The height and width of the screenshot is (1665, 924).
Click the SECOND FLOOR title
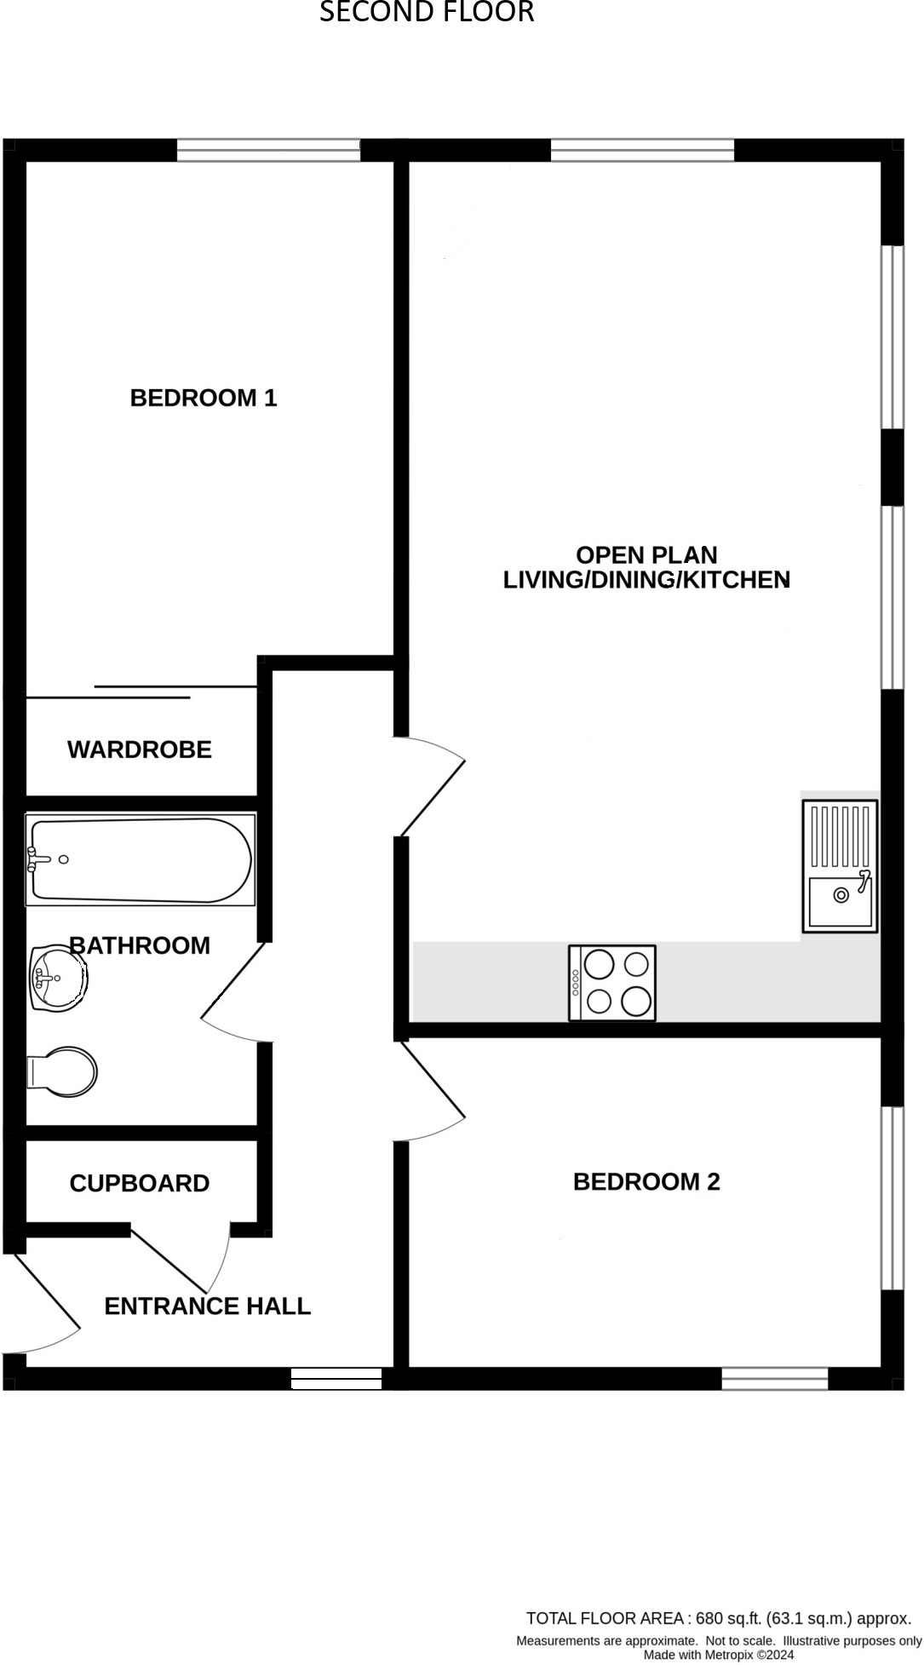[426, 12]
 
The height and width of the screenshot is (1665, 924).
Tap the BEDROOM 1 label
[204, 398]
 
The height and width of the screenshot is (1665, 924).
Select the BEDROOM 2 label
[646, 1181]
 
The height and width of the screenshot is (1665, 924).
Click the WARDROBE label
[140, 749]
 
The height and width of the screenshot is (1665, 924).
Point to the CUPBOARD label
[140, 1183]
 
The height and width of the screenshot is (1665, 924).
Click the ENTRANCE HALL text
[207, 1306]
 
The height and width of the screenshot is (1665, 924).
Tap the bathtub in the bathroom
[141, 860]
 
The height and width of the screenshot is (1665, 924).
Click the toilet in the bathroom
[63, 1071]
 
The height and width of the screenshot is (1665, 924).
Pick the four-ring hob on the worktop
[612, 982]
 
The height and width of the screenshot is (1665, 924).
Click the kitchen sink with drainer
[840, 865]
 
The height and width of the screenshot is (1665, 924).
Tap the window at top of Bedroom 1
[268, 150]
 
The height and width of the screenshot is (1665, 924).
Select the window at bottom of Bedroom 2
[774, 1378]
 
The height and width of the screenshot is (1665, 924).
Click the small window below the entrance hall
[336, 1378]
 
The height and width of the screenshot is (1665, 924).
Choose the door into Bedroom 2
[433, 1094]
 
